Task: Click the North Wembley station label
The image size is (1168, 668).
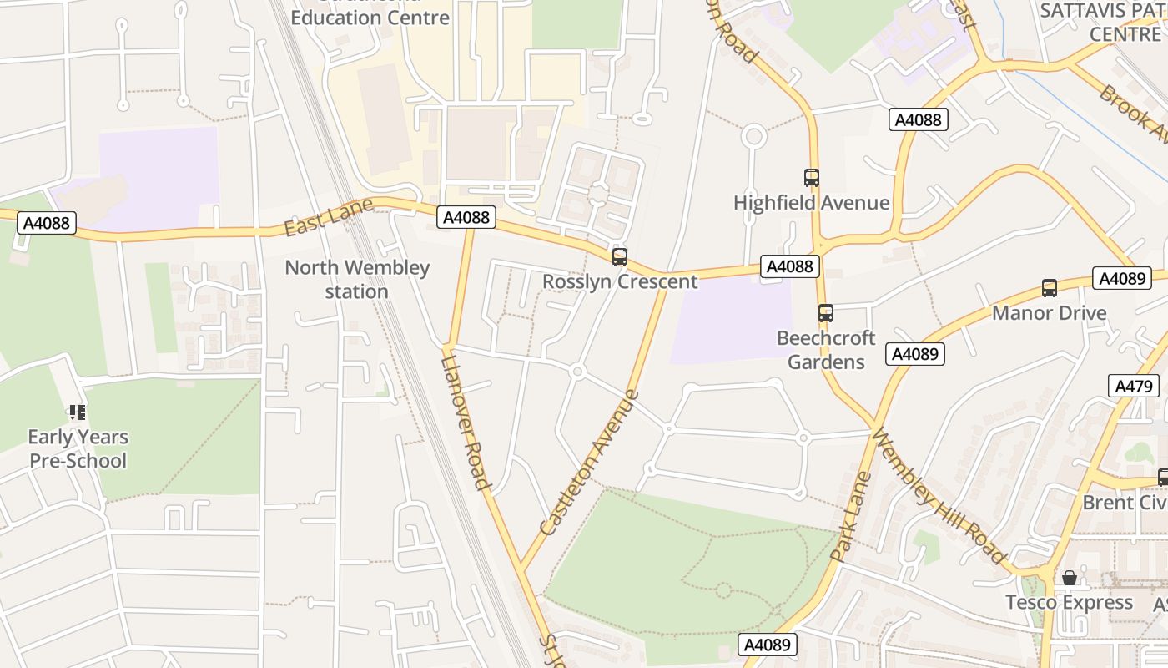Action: point(357,280)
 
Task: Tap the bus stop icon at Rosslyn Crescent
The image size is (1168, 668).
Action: point(619,257)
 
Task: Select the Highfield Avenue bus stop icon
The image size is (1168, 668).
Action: point(811,178)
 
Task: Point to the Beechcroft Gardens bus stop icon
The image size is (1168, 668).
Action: point(825,313)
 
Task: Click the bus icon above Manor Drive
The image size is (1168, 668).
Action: point(1049,288)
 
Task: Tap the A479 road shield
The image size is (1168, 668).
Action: point(1134,386)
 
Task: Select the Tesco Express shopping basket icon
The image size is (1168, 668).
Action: point(1069,578)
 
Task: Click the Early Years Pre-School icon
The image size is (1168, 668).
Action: point(78,412)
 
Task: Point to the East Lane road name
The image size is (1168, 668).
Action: point(316,218)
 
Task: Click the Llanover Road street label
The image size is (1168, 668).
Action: point(464,422)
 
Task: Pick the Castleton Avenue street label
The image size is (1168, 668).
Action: point(589,463)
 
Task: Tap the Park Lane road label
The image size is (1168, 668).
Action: point(850,516)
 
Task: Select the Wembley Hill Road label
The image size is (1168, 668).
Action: point(939,496)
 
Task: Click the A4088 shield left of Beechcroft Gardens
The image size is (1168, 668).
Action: point(789,266)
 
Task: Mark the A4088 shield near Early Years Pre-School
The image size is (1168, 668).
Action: point(48,223)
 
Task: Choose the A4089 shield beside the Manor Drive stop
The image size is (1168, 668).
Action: point(1122,279)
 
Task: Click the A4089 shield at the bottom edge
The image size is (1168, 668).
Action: point(768,645)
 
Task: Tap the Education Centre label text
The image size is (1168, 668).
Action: point(370,18)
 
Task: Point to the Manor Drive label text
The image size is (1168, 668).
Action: point(1049,313)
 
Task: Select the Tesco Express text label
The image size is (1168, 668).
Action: point(1069,602)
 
